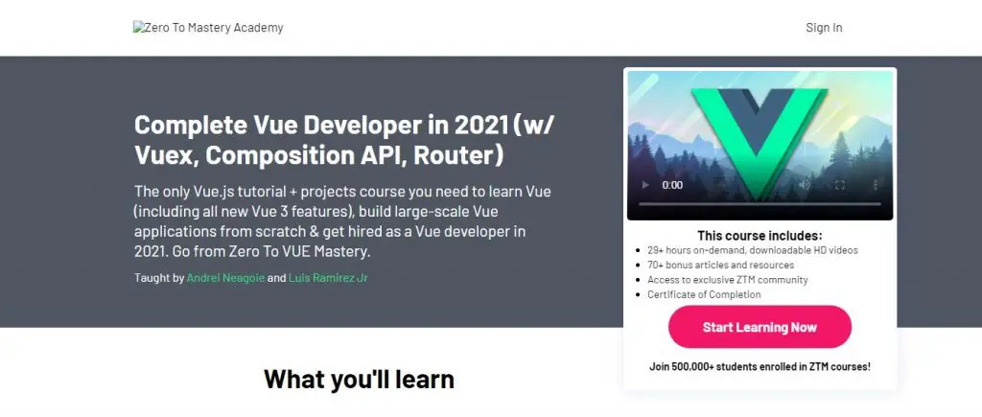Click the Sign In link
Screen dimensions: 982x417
[x=824, y=28]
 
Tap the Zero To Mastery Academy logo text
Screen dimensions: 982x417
[x=208, y=28]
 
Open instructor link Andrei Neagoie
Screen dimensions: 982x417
[x=225, y=277]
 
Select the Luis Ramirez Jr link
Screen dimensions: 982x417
[x=328, y=277]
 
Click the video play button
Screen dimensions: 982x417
[x=644, y=185]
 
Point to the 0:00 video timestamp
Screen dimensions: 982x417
[x=672, y=185]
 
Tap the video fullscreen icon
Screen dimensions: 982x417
[x=840, y=185]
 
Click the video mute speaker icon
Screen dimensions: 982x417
[x=806, y=185]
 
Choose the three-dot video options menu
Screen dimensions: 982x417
[x=875, y=185]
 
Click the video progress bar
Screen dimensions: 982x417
[x=760, y=204]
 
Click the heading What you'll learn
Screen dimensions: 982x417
[x=359, y=380]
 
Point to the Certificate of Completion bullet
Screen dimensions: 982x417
[x=704, y=294]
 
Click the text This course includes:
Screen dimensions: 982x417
[x=760, y=236]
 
